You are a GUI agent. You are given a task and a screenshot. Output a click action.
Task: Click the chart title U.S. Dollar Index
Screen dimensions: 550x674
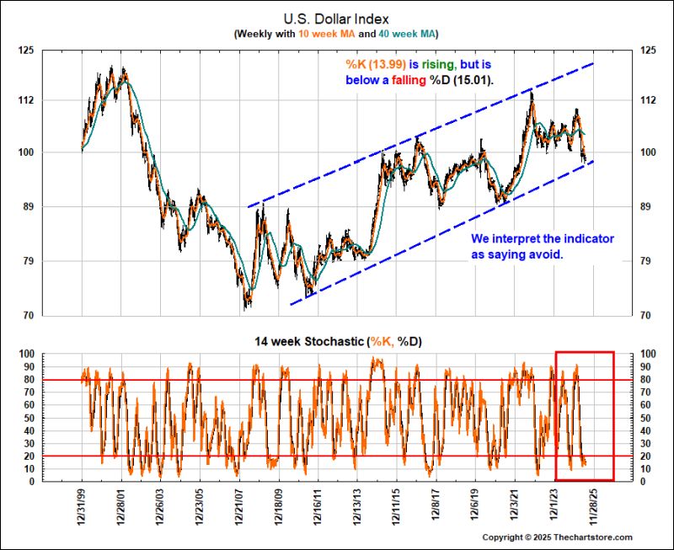(x=336, y=18)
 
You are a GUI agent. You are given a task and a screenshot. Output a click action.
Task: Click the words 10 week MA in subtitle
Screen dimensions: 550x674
(x=313, y=33)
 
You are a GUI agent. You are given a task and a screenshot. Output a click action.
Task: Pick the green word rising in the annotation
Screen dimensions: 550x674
(x=433, y=63)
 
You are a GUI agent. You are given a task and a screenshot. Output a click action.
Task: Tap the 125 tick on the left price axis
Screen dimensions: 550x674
(x=25, y=50)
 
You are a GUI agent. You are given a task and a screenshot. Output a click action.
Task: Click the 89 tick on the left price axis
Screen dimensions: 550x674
(x=28, y=207)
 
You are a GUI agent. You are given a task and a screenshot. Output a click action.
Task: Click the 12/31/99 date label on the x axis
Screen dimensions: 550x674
(x=82, y=511)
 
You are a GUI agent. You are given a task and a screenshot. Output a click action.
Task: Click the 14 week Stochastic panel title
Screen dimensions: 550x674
(x=336, y=341)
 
